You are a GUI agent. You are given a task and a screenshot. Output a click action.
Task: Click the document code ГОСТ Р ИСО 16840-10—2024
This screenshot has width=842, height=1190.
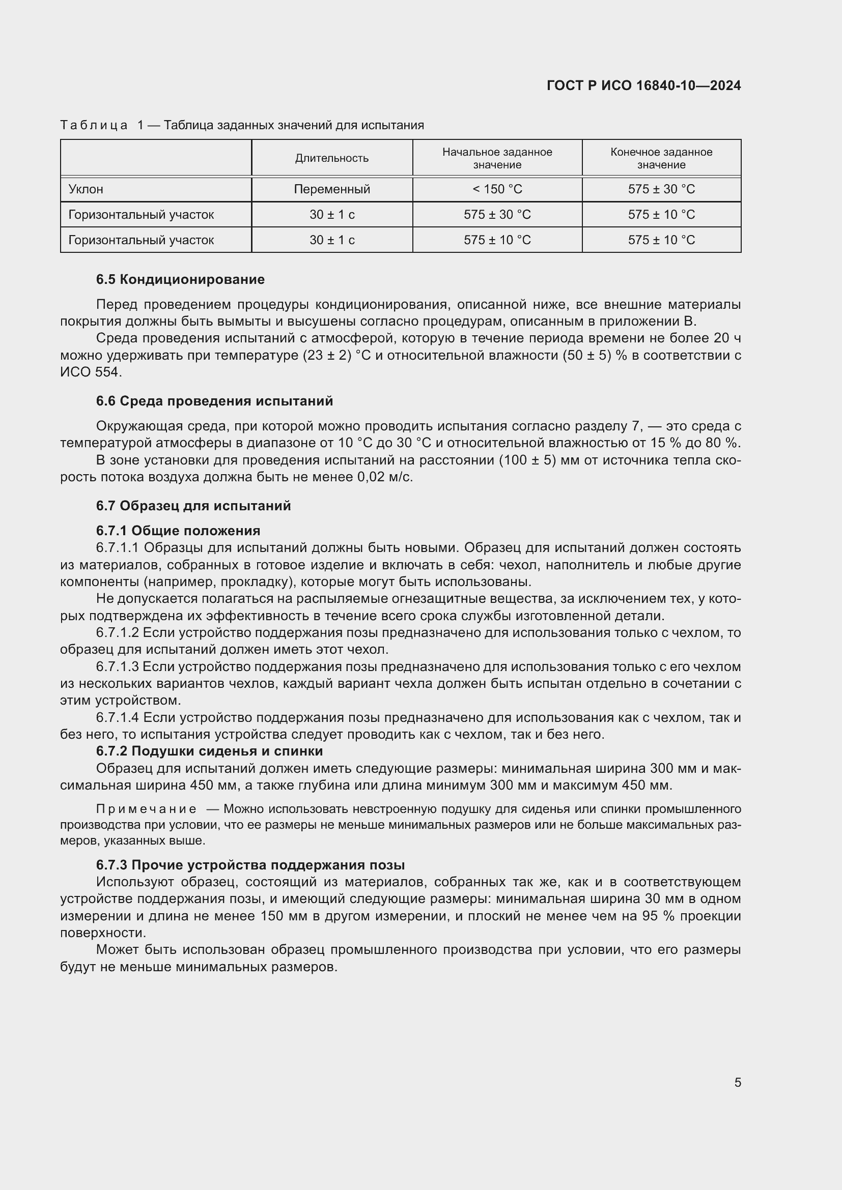pos(643,86)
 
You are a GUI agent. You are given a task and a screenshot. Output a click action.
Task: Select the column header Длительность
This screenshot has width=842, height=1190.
pos(332,158)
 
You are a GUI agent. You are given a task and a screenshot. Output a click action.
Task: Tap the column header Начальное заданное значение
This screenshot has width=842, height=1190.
pos(497,158)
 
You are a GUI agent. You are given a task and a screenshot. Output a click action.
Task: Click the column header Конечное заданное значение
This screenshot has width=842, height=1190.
pos(661,158)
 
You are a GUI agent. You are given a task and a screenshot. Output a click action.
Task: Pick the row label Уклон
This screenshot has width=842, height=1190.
pos(86,189)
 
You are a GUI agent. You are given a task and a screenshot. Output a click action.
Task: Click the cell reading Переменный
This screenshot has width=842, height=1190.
pos(332,189)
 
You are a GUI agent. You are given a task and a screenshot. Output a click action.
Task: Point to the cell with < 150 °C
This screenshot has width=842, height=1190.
pos(497,189)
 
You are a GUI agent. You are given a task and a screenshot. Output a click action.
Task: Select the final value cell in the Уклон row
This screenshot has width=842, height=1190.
pos(661,189)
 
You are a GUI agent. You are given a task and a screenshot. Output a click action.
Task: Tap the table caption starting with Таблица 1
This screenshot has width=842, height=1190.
pos(242,125)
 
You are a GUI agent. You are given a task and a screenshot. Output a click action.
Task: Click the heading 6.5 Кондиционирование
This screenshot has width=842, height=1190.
pos(180,279)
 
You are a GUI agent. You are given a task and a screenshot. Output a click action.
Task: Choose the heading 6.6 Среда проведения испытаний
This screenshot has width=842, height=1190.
pos(214,401)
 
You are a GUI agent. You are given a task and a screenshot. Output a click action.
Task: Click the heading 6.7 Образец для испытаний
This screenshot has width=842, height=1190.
pos(193,506)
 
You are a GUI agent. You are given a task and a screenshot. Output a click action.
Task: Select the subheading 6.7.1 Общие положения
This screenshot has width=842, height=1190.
pos(178,531)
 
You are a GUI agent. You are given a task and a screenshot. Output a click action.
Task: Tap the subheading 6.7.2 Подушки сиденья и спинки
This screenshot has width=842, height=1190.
pos(209,751)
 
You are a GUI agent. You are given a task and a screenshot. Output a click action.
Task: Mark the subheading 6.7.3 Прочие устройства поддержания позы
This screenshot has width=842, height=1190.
pos(250,865)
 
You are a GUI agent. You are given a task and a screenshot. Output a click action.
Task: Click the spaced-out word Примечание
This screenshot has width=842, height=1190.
pos(146,809)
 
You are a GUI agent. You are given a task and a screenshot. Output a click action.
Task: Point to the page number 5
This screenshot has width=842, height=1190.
pos(737,1083)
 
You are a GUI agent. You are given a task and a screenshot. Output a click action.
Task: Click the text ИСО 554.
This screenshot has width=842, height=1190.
pos(91,372)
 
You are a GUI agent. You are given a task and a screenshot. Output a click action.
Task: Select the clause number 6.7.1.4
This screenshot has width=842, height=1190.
pos(117,718)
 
